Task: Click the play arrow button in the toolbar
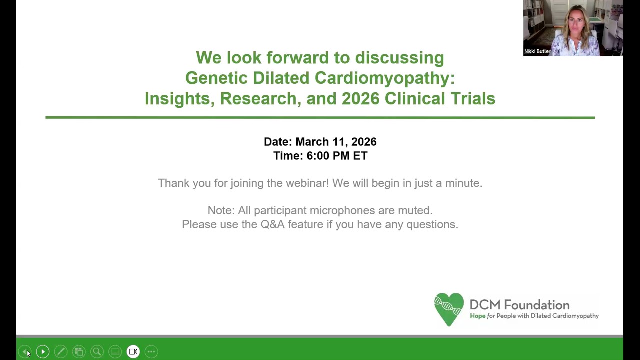[x=43, y=352]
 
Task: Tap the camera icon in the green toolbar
[x=133, y=352]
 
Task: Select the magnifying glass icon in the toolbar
[x=97, y=352]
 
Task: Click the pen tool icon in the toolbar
[x=61, y=352]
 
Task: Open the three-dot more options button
[x=151, y=352]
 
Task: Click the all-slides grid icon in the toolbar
[x=79, y=352]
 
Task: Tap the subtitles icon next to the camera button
[x=115, y=352]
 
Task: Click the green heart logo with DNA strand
[x=448, y=309]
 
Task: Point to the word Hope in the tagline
[x=477, y=316]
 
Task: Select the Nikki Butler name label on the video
[x=537, y=51]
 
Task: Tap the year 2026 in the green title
[x=360, y=99]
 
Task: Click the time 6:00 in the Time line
[x=318, y=156]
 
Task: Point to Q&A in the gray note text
[x=272, y=224]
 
